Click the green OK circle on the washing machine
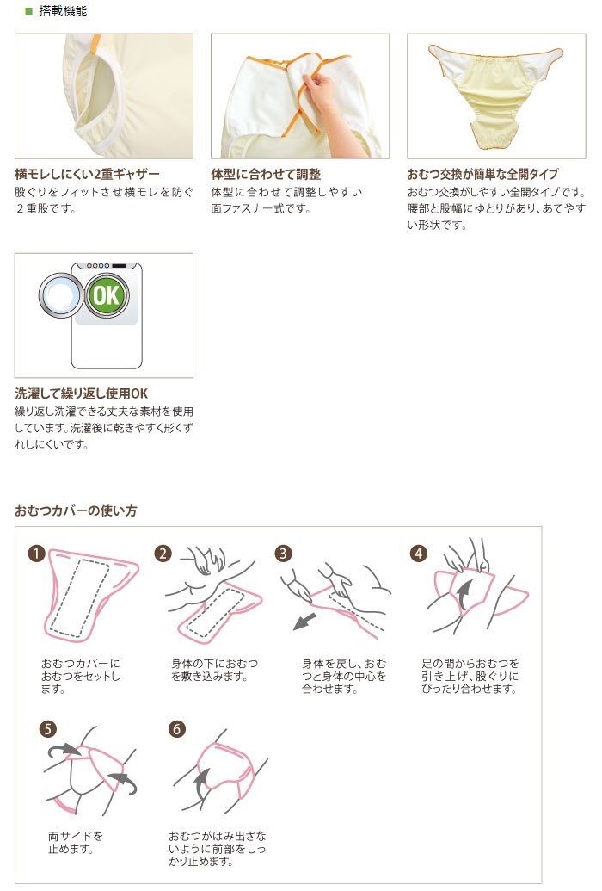point(107,295)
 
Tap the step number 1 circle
point(36,553)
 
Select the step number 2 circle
point(163,553)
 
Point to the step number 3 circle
point(283,553)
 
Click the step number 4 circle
point(419,553)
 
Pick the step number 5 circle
point(47,729)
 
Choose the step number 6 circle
point(177,729)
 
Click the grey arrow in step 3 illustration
point(305,621)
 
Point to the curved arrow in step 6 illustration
point(200,784)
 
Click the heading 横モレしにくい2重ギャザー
point(87,174)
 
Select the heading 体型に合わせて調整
point(266,174)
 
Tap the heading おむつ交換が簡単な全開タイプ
point(482,174)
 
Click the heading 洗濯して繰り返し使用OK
point(81,393)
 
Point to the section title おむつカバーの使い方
point(76,510)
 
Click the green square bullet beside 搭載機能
point(28,11)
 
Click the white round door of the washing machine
point(61,296)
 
